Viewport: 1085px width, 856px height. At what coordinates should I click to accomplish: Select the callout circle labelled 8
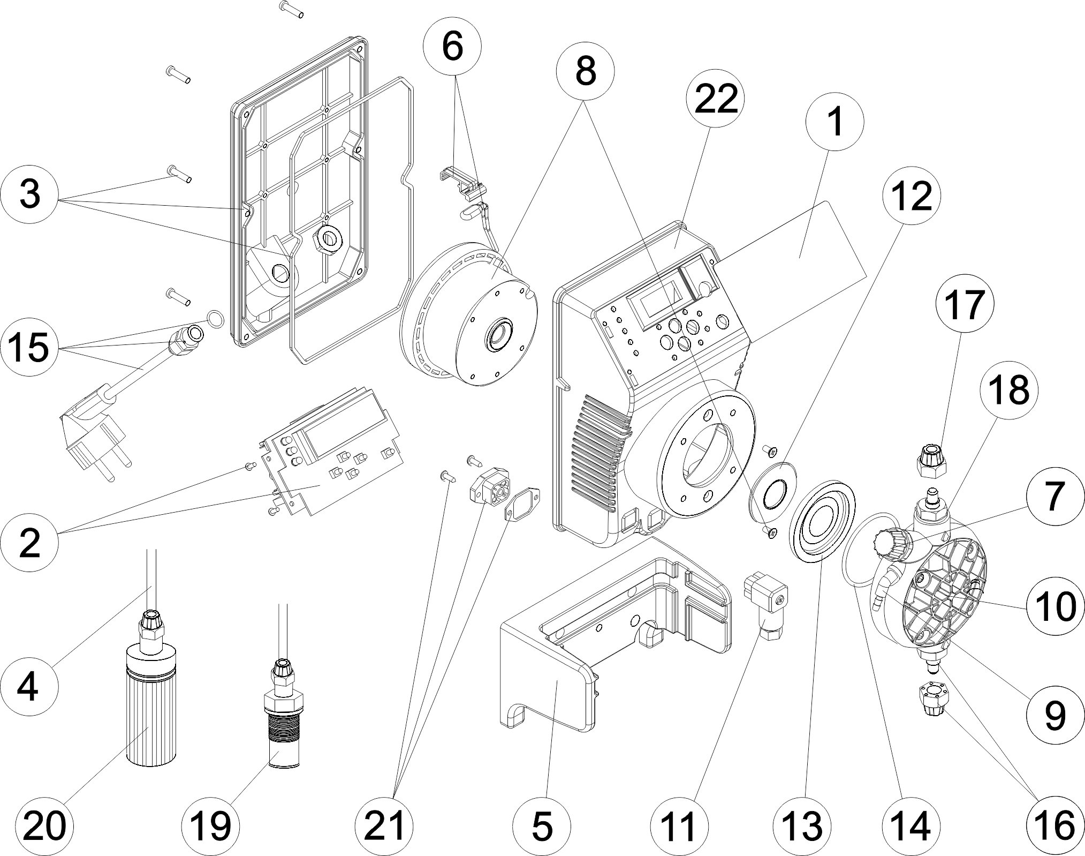(x=586, y=71)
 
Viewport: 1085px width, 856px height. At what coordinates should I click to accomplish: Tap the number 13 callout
(x=805, y=825)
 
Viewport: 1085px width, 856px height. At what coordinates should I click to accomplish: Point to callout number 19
(x=210, y=825)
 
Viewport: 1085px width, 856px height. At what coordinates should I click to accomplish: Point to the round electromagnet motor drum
(x=471, y=327)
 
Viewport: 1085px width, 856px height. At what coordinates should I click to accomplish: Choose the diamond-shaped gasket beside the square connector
(x=522, y=504)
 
